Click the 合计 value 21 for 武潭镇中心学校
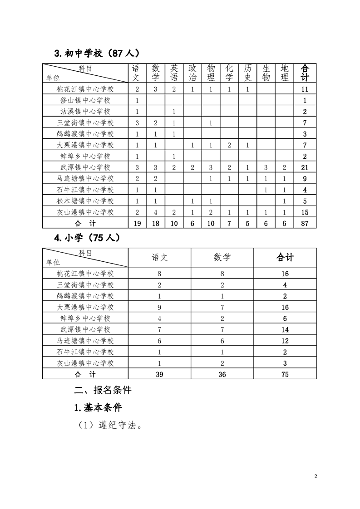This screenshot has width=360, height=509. (305, 167)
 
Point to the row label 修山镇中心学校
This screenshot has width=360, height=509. (85, 100)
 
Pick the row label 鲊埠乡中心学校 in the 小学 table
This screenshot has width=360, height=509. (85, 318)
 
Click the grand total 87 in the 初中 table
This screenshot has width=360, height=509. (305, 223)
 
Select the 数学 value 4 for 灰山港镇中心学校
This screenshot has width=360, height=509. (155, 212)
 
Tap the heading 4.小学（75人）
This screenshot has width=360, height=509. (87, 238)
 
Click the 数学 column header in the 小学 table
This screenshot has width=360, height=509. (222, 257)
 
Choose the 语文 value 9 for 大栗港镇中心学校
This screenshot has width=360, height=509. (159, 307)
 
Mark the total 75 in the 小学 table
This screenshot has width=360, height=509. (285, 374)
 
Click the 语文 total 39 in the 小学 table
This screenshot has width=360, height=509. (159, 374)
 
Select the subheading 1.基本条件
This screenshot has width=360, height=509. (98, 407)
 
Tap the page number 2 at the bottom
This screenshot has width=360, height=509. (316, 476)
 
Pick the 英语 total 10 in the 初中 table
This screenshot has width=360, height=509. (174, 223)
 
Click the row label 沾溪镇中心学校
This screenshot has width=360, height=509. (85, 112)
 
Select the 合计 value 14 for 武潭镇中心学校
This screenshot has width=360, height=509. (285, 330)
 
